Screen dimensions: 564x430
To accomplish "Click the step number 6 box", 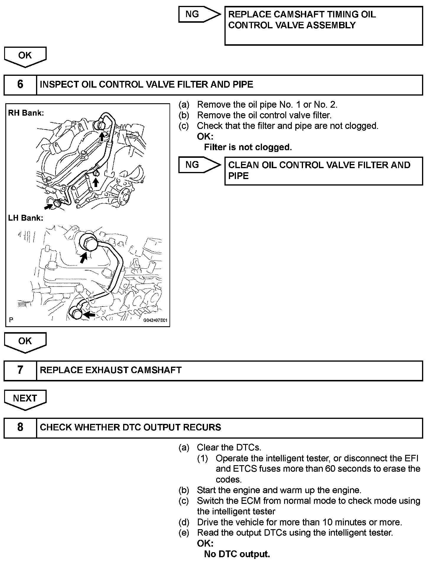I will tap(20, 85).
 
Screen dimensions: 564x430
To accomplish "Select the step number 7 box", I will tap(20, 370).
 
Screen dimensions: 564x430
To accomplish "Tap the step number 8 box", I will tap(20, 427).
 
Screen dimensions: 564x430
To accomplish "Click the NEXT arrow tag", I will tap(25, 399).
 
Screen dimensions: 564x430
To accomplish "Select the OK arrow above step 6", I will tap(25, 56).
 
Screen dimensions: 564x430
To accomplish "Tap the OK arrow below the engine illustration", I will tap(25, 342).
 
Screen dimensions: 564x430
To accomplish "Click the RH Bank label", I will tap(26, 113).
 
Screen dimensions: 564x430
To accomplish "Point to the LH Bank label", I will tap(26, 218).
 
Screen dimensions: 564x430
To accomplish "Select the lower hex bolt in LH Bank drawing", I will tap(76, 313).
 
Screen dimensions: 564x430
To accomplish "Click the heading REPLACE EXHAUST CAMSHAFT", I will tap(111, 370).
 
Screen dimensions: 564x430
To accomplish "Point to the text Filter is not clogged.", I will tap(248, 147).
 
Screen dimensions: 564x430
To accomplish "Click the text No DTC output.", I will tap(237, 554).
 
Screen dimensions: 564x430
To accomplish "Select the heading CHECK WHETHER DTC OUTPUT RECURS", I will tap(130, 427).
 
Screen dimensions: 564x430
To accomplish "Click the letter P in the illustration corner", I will tap(11, 319).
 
